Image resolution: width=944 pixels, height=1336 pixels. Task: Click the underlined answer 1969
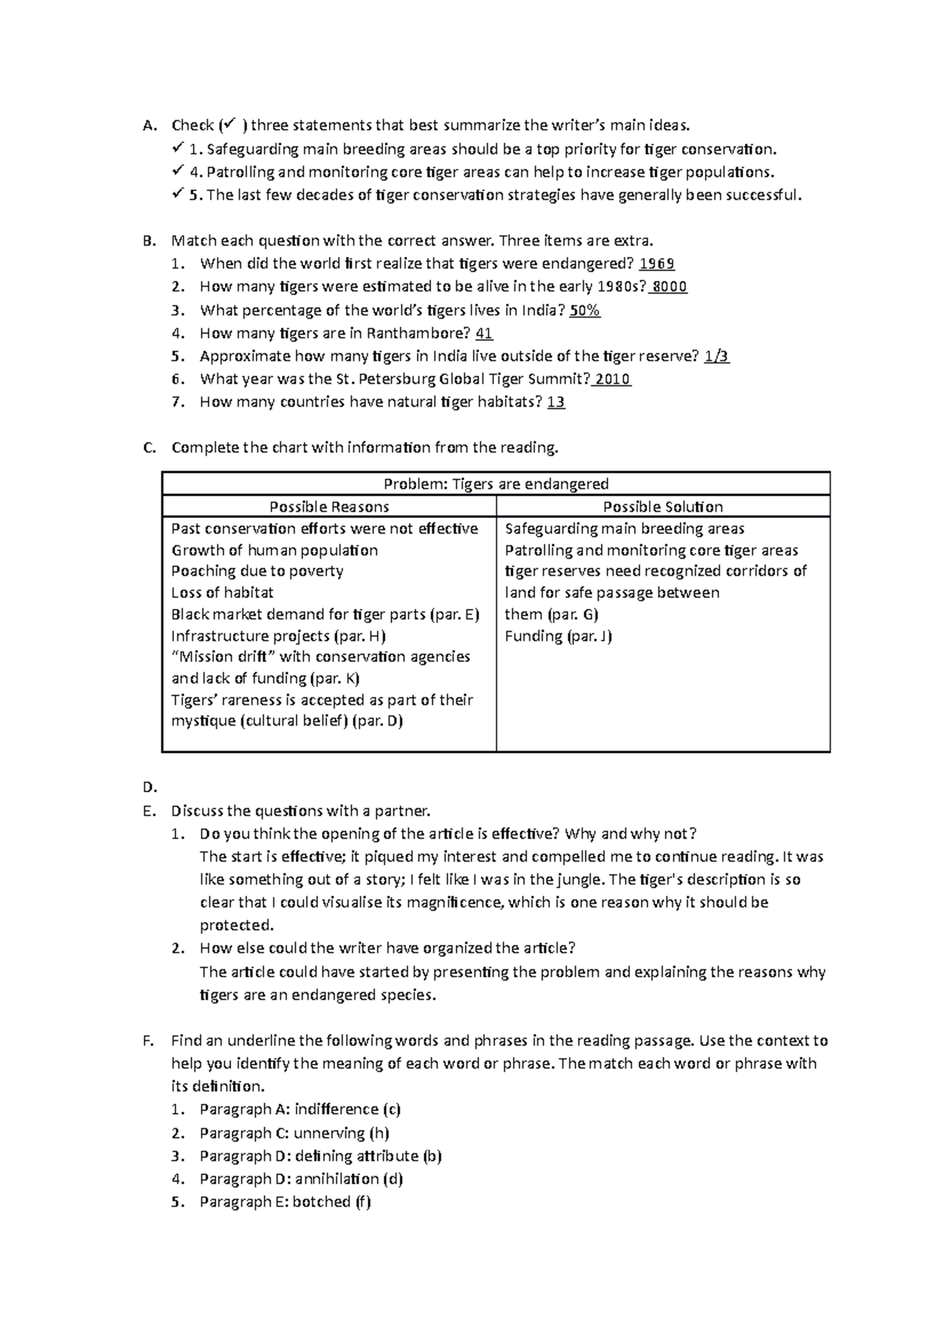(x=658, y=264)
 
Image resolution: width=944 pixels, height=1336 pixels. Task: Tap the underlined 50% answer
(x=584, y=311)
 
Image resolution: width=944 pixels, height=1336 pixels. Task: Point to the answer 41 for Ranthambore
(x=485, y=334)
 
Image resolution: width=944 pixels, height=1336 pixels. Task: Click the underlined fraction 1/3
(x=717, y=356)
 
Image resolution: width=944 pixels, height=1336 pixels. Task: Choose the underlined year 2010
(x=613, y=379)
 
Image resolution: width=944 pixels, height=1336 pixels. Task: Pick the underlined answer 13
(x=556, y=403)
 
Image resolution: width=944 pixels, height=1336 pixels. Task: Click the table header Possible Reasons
(x=329, y=507)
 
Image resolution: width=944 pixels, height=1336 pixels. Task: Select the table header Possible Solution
(x=662, y=507)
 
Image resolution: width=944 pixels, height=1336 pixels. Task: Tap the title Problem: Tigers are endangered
(x=496, y=484)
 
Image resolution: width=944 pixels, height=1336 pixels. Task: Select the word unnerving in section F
(x=330, y=1134)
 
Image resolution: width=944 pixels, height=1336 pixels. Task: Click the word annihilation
(x=337, y=1179)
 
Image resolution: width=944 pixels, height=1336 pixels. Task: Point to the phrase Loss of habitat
(x=223, y=593)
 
